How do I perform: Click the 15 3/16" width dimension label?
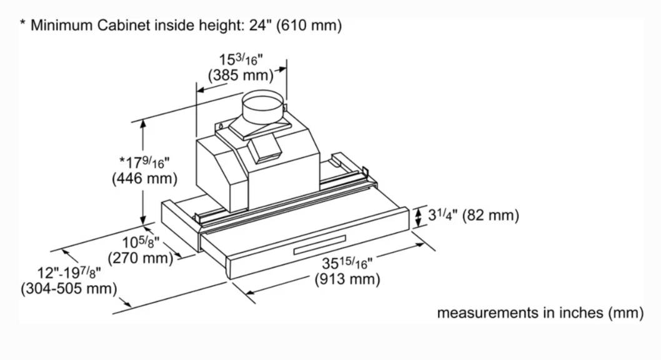tap(241, 59)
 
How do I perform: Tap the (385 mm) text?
tap(241, 76)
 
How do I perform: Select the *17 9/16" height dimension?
tap(144, 162)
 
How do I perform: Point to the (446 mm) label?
tap(144, 179)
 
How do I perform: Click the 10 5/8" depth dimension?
tap(141, 242)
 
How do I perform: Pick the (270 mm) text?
tap(141, 257)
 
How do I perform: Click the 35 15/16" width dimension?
tap(347, 263)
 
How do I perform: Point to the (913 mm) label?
tap(347, 279)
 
